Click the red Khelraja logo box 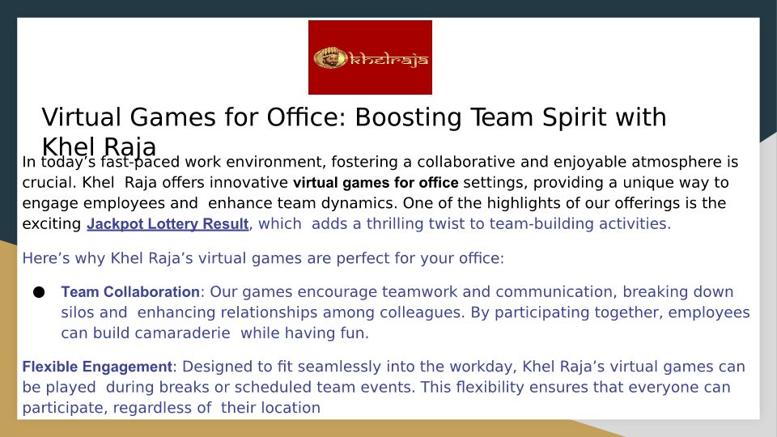(x=370, y=57)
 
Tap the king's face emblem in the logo (x=330, y=58)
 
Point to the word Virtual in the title (x=81, y=117)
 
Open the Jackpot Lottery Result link (x=168, y=224)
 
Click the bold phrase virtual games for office (x=376, y=183)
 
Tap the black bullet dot (x=39, y=292)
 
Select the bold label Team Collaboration (x=130, y=292)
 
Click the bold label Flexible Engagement (x=97, y=367)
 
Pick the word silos (x=78, y=312)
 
